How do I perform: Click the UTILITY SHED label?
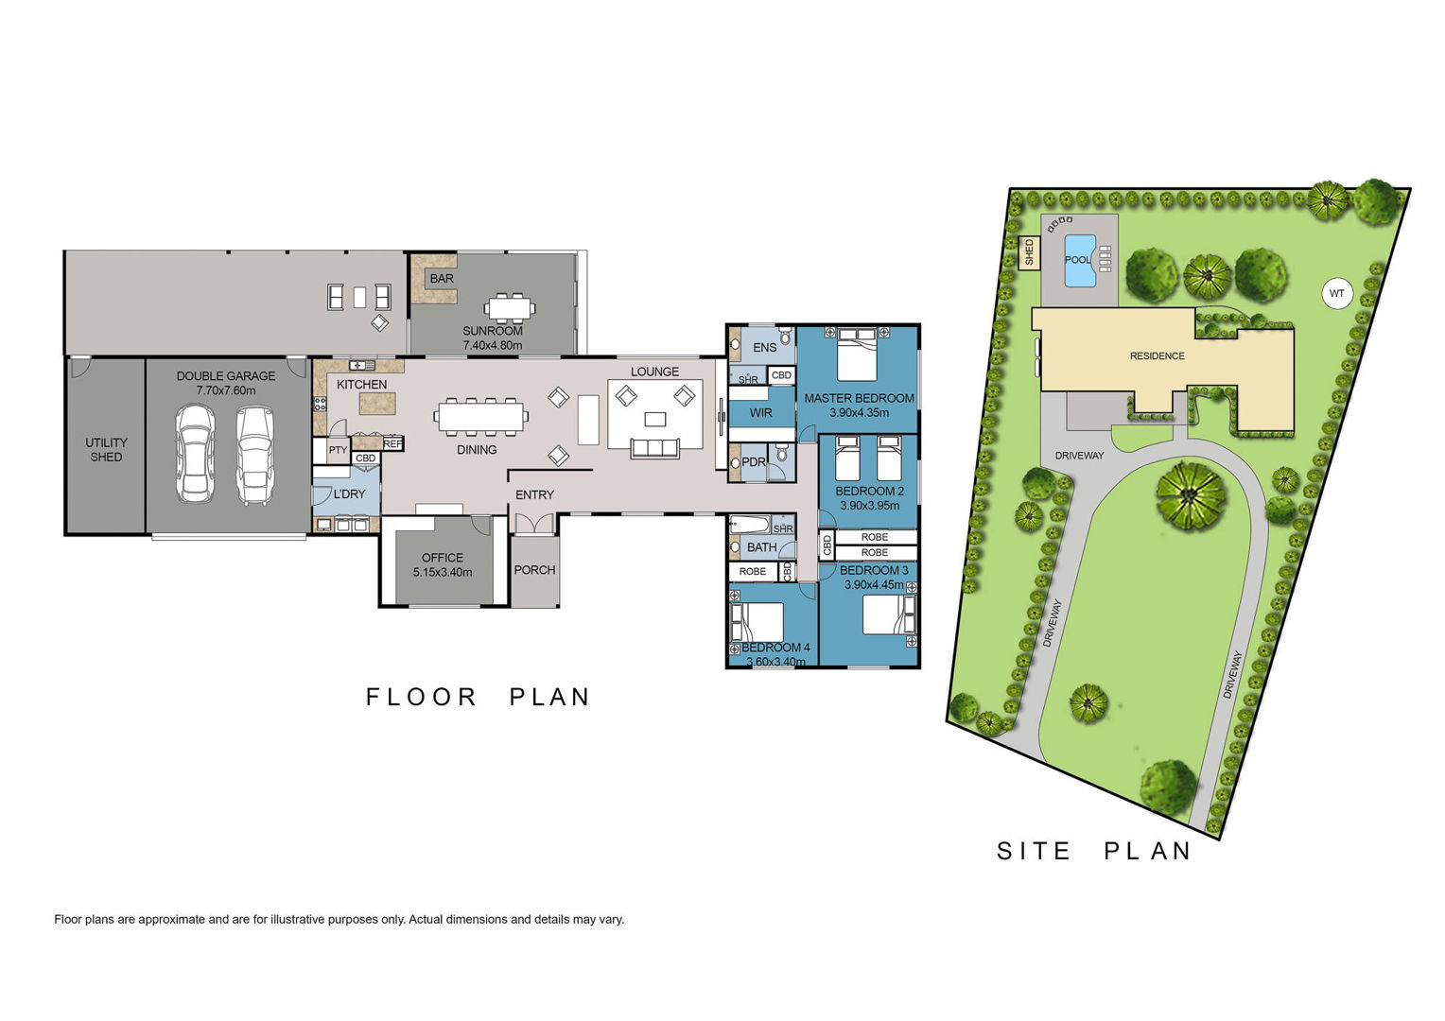pos(107,450)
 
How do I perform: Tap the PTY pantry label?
pos(338,450)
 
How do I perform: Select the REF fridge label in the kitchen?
pos(392,443)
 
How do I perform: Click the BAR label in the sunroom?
pos(442,279)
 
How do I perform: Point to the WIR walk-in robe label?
pos(761,413)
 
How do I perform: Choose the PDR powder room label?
pos(754,461)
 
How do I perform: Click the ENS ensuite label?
pos(765,348)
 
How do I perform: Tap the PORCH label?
pos(534,570)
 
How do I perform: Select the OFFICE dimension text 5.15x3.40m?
pos(443,572)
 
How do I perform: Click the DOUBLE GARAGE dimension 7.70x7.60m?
pos(226,390)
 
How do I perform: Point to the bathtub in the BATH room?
pos(750,523)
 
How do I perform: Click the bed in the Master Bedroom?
pos(858,355)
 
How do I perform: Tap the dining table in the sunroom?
pos(510,307)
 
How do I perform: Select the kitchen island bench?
pos(377,403)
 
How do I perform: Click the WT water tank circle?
pos(1336,294)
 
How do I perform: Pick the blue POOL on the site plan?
pos(1080,261)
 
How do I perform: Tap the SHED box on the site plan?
pos(1029,252)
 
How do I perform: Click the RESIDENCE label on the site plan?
pos(1158,356)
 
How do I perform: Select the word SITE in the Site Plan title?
pos(1034,852)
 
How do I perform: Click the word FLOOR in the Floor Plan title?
pos(421,698)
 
